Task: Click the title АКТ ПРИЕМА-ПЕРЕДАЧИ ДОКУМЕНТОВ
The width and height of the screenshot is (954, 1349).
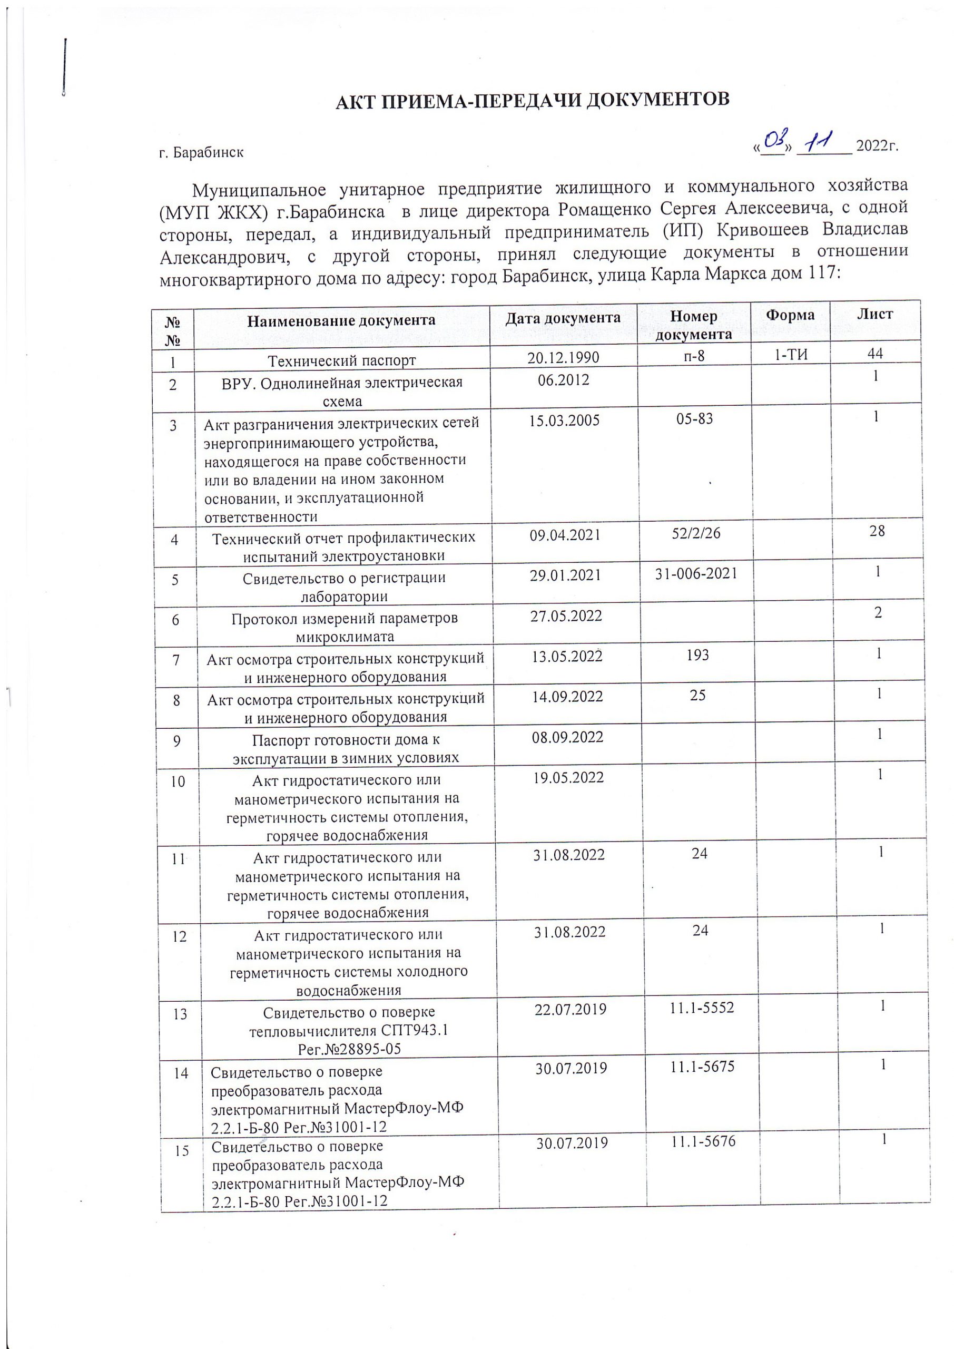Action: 532,101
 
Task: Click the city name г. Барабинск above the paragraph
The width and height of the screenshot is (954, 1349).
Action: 201,153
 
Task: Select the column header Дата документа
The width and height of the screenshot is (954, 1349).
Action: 563,318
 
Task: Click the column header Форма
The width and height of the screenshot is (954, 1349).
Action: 790,316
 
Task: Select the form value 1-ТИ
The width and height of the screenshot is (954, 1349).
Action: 791,354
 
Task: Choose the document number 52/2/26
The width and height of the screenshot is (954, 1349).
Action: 695,533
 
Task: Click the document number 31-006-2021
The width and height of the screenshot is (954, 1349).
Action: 696,573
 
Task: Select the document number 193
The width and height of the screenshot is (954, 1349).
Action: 697,654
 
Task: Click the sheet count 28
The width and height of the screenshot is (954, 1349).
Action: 877,531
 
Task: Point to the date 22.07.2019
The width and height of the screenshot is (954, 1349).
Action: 571,1010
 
